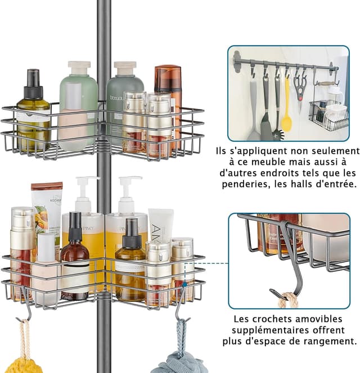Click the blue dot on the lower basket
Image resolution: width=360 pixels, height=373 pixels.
184,285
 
